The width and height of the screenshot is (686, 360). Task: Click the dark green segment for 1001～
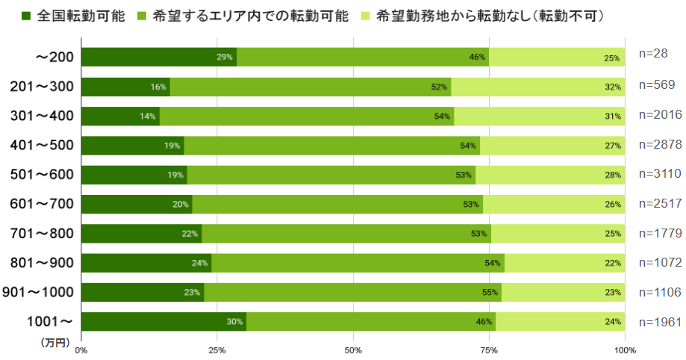(163, 322)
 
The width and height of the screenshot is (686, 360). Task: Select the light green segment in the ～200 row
(557, 58)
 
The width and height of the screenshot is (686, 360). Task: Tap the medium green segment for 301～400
(307, 117)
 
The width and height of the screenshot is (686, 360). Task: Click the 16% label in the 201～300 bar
(158, 87)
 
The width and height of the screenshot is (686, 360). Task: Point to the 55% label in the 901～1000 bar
(490, 293)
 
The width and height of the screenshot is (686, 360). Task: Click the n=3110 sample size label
(661, 174)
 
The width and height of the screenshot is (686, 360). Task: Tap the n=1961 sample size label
(661, 321)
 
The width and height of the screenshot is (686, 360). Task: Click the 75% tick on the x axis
(489, 350)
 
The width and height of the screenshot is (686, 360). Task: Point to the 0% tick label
(81, 350)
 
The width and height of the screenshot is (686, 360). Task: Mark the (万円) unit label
(54, 343)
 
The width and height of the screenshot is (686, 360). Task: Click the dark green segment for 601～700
(137, 205)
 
